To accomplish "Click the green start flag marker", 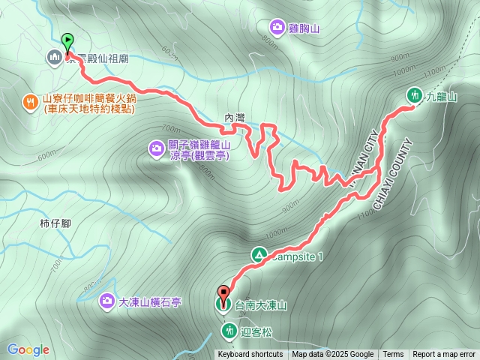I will point(68,42).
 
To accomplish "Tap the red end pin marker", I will point(223,293).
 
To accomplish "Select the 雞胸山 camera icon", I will point(277,28).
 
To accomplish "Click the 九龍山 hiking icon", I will point(413,94).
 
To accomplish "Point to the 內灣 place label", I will point(235,118).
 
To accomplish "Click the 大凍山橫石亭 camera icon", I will point(107,301).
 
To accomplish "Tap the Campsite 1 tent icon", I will point(259,256).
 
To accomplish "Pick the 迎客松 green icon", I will point(227,329).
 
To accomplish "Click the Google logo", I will point(28,349).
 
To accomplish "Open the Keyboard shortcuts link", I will point(250,355).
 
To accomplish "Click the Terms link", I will point(393,355).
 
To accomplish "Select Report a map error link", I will point(444,355).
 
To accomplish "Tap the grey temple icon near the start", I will point(54,56).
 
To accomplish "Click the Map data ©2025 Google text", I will point(332,355).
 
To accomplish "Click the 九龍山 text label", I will point(442,96).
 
